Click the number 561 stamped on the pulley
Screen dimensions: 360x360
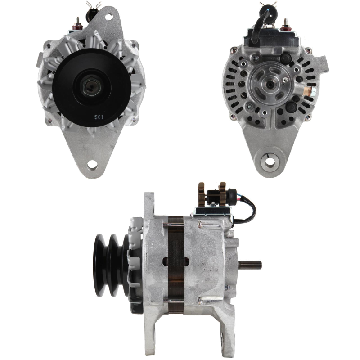(x=99, y=117)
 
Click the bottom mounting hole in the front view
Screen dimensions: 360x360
(x=92, y=165)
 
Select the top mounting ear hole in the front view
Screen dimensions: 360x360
(x=109, y=17)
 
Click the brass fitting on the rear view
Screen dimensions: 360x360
(x=308, y=92)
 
